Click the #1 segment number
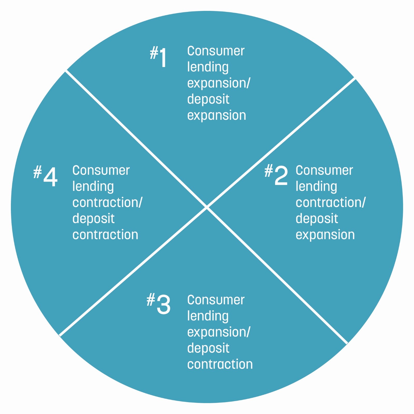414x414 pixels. tap(158, 57)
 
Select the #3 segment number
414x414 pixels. tap(159, 304)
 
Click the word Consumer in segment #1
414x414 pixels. tap(216, 51)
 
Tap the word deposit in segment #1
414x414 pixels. tap(208, 99)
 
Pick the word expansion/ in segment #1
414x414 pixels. tap(219, 83)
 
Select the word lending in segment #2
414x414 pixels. tap(316, 187)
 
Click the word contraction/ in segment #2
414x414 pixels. tap(330, 202)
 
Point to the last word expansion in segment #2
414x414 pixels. tap(325, 235)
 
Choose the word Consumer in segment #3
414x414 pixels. tap(216, 300)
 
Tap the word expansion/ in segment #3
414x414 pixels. tap(219, 332)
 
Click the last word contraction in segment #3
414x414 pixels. tap(220, 364)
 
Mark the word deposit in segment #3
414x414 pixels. tap(208, 348)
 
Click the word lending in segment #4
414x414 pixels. tap(93, 187)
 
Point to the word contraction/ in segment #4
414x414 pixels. tap(107, 202)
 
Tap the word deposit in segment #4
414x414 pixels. tap(93, 219)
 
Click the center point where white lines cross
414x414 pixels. tap(207, 207)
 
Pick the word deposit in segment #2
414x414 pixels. tap(317, 219)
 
